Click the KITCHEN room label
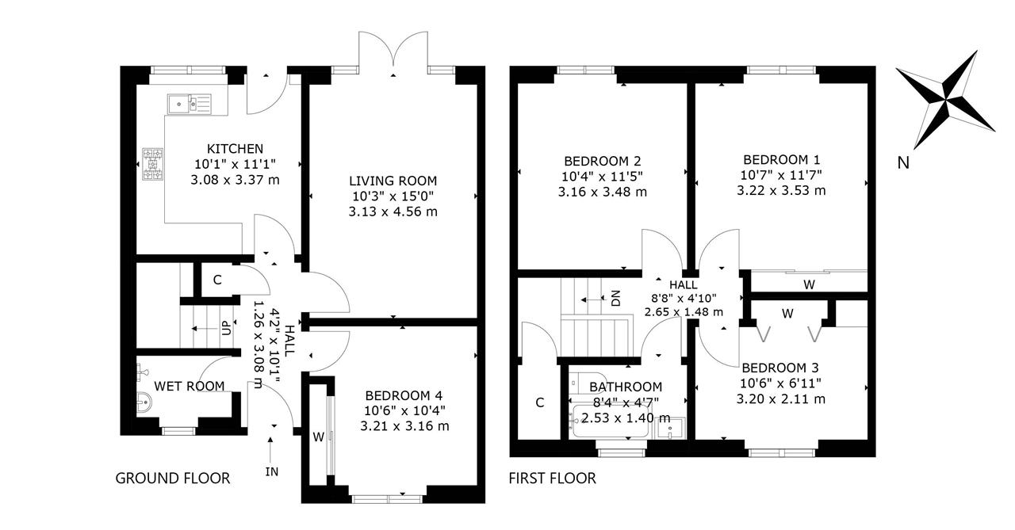point(235,148)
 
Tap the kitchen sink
point(190,104)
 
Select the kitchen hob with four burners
point(153,164)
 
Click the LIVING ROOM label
point(393,181)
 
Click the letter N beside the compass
point(903,162)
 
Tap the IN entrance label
point(271,471)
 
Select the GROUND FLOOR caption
point(173,478)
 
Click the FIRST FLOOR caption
point(553,478)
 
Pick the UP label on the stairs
point(227,328)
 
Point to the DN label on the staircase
point(615,298)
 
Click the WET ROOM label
point(190,386)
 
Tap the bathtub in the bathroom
point(611,421)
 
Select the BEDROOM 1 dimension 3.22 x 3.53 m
point(781,191)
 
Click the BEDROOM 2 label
point(602,161)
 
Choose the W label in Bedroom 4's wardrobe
point(319,437)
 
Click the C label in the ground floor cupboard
point(217,280)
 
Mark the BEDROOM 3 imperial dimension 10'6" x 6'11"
point(781,383)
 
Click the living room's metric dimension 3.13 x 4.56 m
point(393,212)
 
